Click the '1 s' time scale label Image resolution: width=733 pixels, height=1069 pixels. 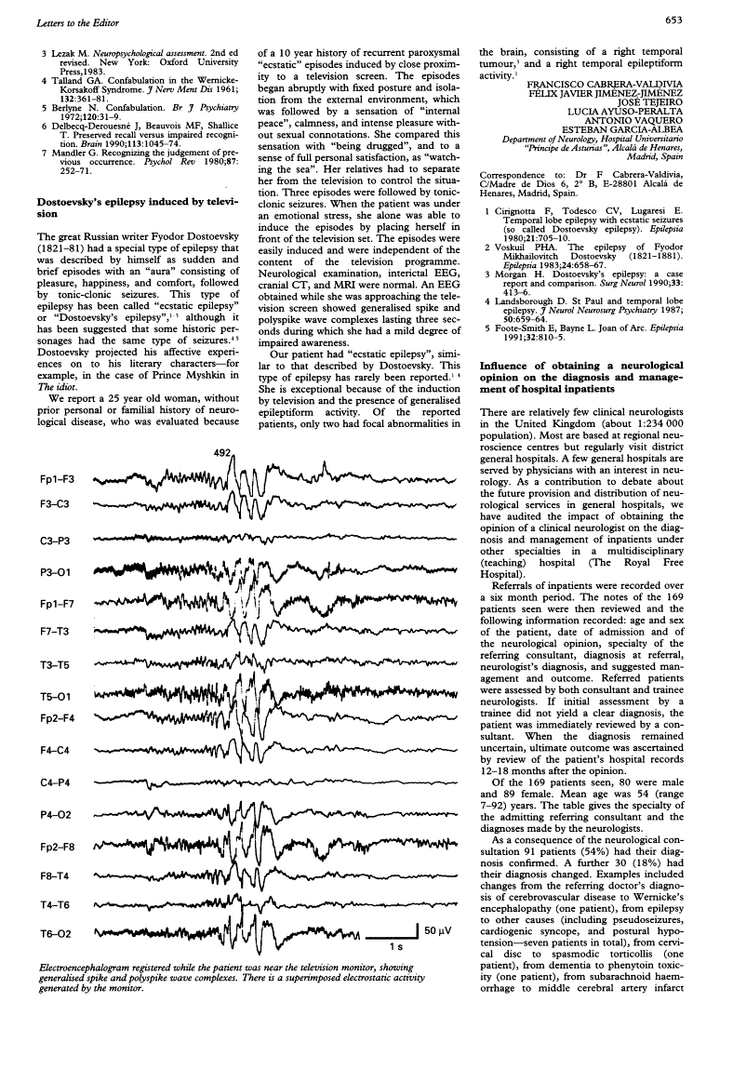point(394,947)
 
